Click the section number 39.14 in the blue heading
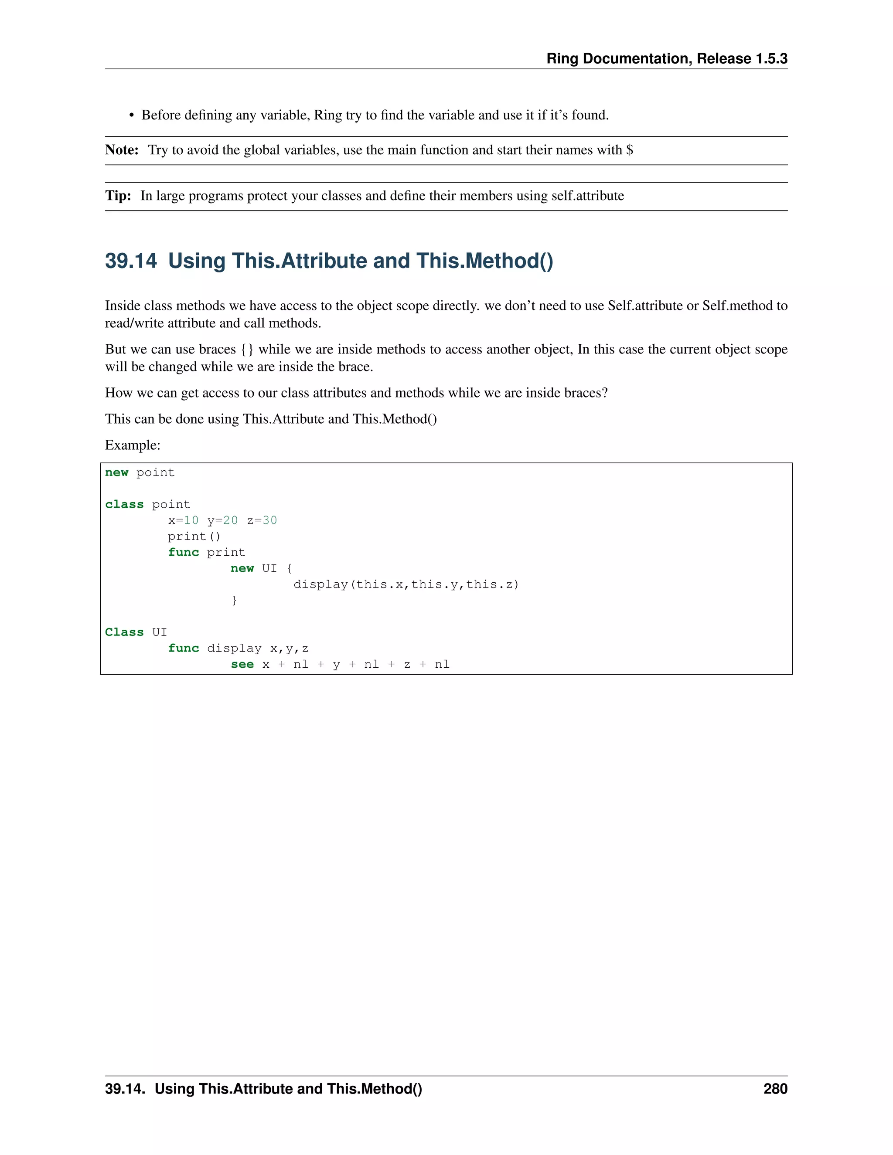coord(131,261)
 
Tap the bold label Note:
coord(122,150)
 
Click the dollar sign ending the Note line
coord(630,150)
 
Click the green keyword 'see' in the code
coord(242,664)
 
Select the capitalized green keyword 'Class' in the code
coord(124,632)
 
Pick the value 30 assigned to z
coord(270,520)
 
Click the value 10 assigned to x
coord(191,520)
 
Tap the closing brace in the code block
coord(234,600)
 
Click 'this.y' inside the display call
coord(434,584)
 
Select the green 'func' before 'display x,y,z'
coord(184,649)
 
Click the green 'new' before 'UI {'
coord(242,568)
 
